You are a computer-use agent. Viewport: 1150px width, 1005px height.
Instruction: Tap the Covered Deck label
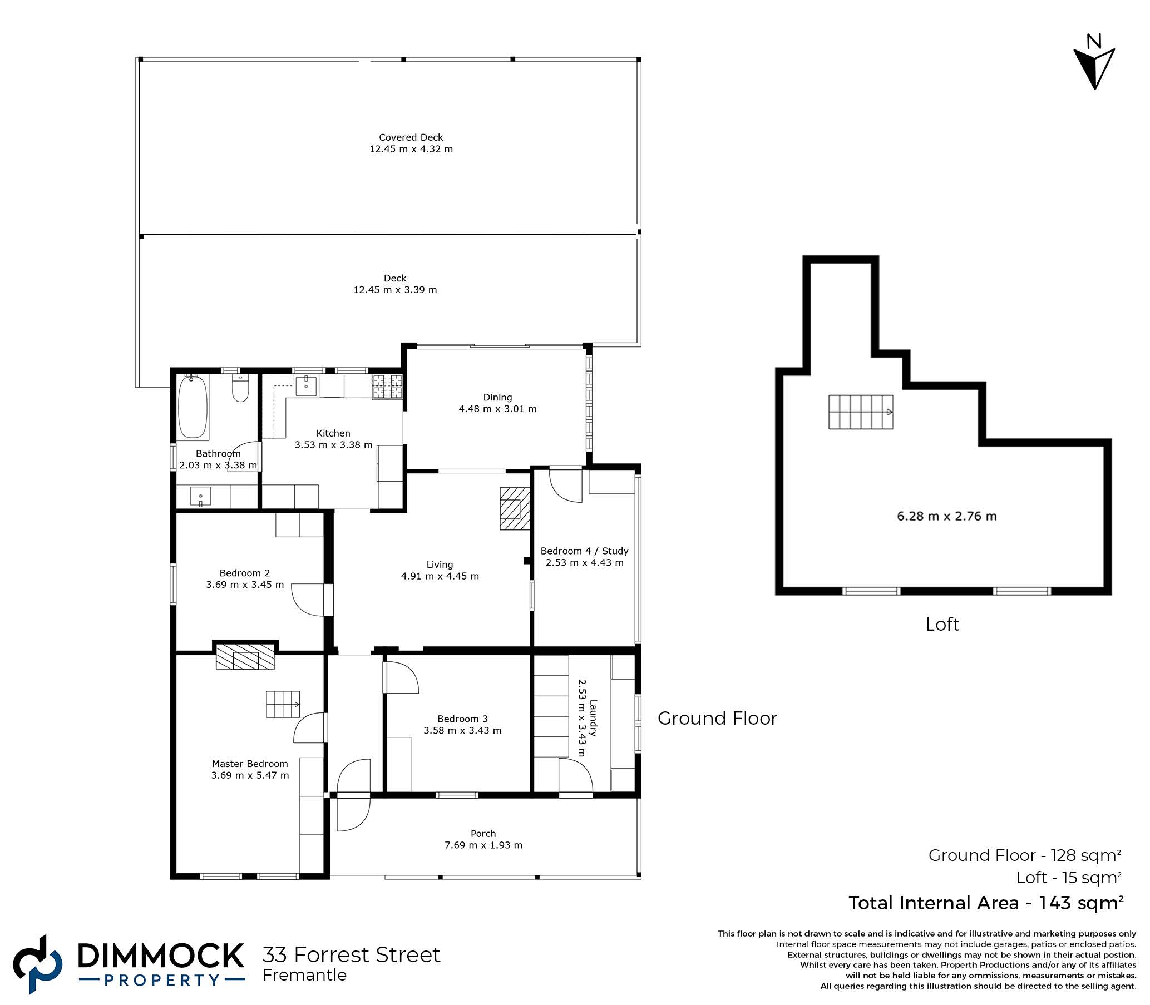411,137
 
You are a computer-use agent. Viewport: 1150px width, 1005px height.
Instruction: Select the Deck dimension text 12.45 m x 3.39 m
395,290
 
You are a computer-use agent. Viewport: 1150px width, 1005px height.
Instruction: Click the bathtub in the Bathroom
193,406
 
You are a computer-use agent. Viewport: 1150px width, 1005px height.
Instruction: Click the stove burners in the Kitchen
387,387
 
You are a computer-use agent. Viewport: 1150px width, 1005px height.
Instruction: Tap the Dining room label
497,397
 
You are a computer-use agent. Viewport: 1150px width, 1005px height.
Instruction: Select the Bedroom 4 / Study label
584,551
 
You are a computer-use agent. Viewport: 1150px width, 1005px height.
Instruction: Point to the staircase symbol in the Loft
861,412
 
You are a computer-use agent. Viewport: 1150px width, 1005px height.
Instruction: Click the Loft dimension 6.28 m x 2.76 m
947,516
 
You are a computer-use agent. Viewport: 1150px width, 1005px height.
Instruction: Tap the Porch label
483,833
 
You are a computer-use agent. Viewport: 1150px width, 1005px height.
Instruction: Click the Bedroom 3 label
462,719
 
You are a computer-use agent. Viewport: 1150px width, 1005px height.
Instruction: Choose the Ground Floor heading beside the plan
717,719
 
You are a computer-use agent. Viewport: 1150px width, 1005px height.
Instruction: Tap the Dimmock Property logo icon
38,964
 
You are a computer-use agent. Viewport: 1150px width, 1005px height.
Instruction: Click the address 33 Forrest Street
352,954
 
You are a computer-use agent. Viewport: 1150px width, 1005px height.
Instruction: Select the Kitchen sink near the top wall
307,387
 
